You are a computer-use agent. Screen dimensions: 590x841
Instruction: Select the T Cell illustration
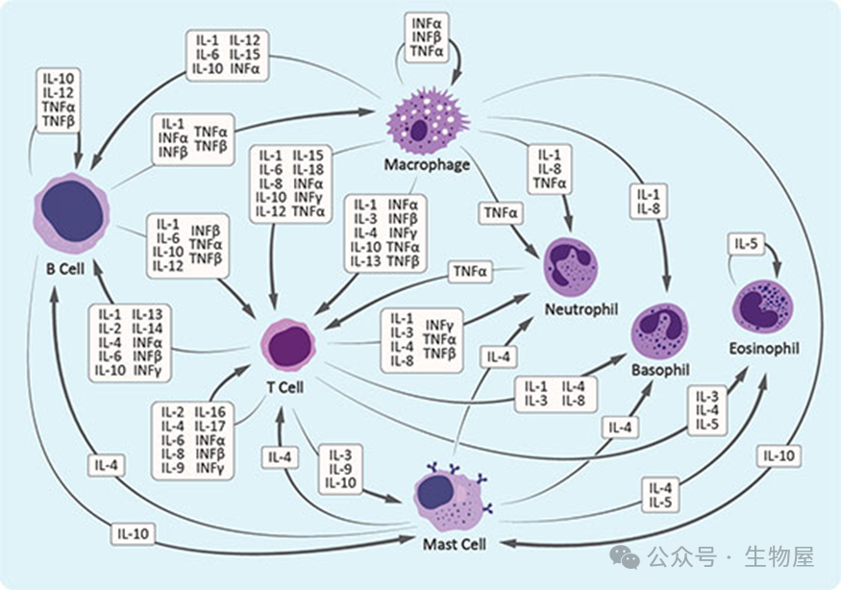click(288, 345)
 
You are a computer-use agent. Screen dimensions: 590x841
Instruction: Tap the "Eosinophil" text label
click(765, 348)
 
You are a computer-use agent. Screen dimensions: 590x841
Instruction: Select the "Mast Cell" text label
click(455, 545)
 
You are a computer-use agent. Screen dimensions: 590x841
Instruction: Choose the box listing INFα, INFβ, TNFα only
click(426, 37)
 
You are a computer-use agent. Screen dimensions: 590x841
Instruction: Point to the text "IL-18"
click(309, 169)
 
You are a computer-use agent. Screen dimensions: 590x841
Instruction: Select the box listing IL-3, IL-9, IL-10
click(341, 468)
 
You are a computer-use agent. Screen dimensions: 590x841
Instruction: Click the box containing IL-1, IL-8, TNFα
click(550, 168)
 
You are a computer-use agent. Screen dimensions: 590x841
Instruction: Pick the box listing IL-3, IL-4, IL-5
click(707, 409)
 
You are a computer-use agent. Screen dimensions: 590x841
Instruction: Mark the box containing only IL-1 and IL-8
click(648, 202)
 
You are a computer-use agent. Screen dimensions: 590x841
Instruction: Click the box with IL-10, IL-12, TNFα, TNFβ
click(60, 99)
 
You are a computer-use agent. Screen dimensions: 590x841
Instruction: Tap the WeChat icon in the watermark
click(626, 556)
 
